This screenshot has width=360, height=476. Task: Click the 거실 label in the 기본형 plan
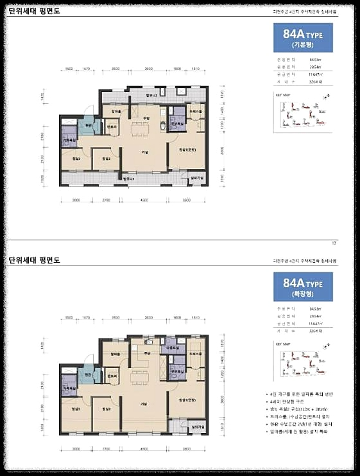pos(146,152)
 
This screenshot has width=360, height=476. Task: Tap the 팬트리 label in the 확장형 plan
pos(111,375)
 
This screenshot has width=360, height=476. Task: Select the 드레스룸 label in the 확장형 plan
pos(196,353)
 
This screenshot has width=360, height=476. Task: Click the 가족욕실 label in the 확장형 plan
pos(69,389)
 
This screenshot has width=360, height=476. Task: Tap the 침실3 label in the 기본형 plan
pos(76,158)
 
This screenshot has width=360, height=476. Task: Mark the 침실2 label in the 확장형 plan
pos(107,408)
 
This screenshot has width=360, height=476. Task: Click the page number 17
pos(334,242)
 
